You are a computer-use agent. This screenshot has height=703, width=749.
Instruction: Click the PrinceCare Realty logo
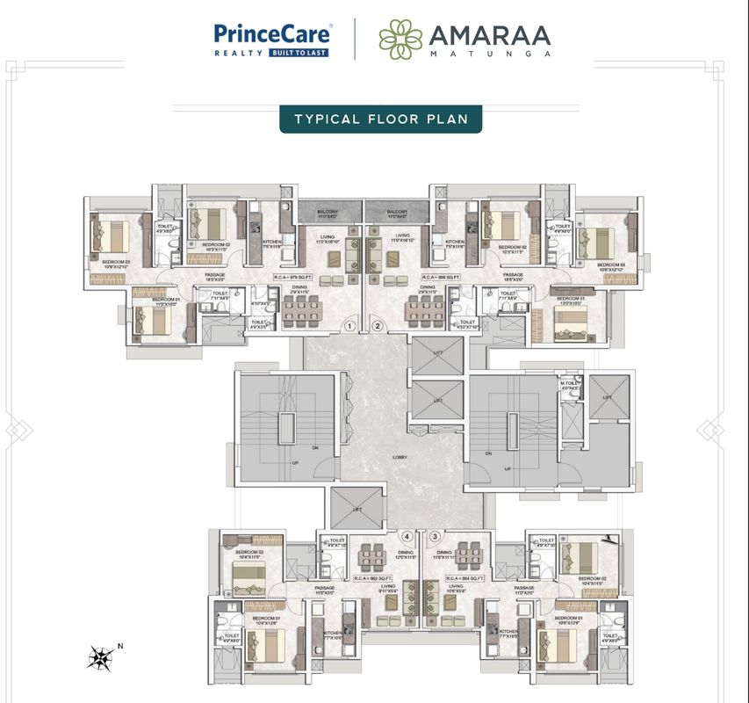(x=272, y=40)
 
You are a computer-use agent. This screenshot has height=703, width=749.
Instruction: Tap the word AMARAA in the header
(x=489, y=35)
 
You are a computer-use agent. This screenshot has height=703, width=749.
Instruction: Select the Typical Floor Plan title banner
(x=380, y=119)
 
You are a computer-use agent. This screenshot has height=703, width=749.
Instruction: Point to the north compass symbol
(x=103, y=656)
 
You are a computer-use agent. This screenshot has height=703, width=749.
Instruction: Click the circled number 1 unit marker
(x=349, y=326)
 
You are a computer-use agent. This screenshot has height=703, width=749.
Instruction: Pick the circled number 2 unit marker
(x=378, y=326)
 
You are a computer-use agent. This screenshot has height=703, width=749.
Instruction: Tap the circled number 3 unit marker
(x=434, y=536)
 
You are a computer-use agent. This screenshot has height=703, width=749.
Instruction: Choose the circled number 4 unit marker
(x=407, y=536)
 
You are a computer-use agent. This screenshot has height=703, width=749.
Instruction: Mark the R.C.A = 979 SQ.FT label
(x=292, y=277)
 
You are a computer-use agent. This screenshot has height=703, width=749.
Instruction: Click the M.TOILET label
(x=572, y=383)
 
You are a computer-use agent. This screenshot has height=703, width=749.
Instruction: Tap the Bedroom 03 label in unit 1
(x=115, y=262)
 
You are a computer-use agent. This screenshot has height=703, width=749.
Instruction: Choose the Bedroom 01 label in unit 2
(x=570, y=299)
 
